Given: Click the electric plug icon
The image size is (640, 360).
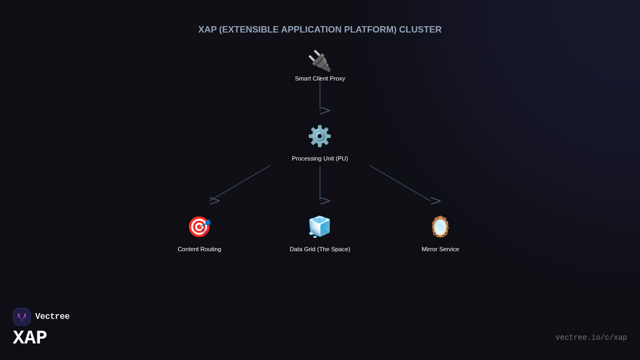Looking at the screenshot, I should click(319, 61).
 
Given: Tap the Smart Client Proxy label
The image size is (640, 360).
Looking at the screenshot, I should click(320, 78).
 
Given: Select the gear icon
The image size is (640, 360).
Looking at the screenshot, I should click(319, 136).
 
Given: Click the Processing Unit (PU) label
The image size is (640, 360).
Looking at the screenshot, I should click(320, 158).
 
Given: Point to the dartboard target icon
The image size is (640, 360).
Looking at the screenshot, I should click(199, 227).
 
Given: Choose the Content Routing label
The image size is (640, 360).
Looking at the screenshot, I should click(199, 249).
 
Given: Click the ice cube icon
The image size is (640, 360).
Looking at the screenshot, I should click(319, 227).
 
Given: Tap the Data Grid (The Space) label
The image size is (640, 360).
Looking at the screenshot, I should click(320, 249).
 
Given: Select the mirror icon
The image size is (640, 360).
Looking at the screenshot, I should click(440, 227).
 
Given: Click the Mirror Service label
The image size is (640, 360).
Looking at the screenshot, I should click(441, 249).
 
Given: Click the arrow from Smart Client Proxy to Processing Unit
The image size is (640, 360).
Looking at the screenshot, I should click(320, 96).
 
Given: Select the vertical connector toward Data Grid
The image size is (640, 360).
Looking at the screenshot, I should click(320, 183).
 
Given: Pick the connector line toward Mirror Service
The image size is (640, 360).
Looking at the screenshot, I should click(400, 183).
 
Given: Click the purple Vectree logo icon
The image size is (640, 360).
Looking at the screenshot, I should click(22, 317).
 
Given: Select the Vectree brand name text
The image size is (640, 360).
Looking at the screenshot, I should click(52, 317).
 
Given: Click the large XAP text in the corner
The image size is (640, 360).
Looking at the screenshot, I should click(30, 338).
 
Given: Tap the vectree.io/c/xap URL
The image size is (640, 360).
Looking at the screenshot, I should click(591, 338).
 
